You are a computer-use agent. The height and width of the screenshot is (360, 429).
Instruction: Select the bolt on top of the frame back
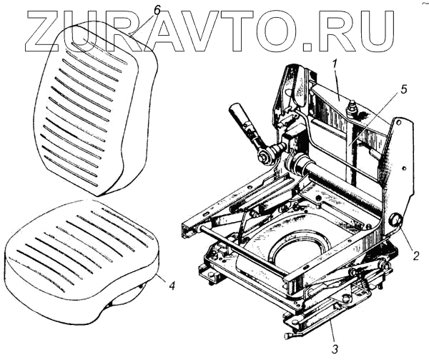351,109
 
